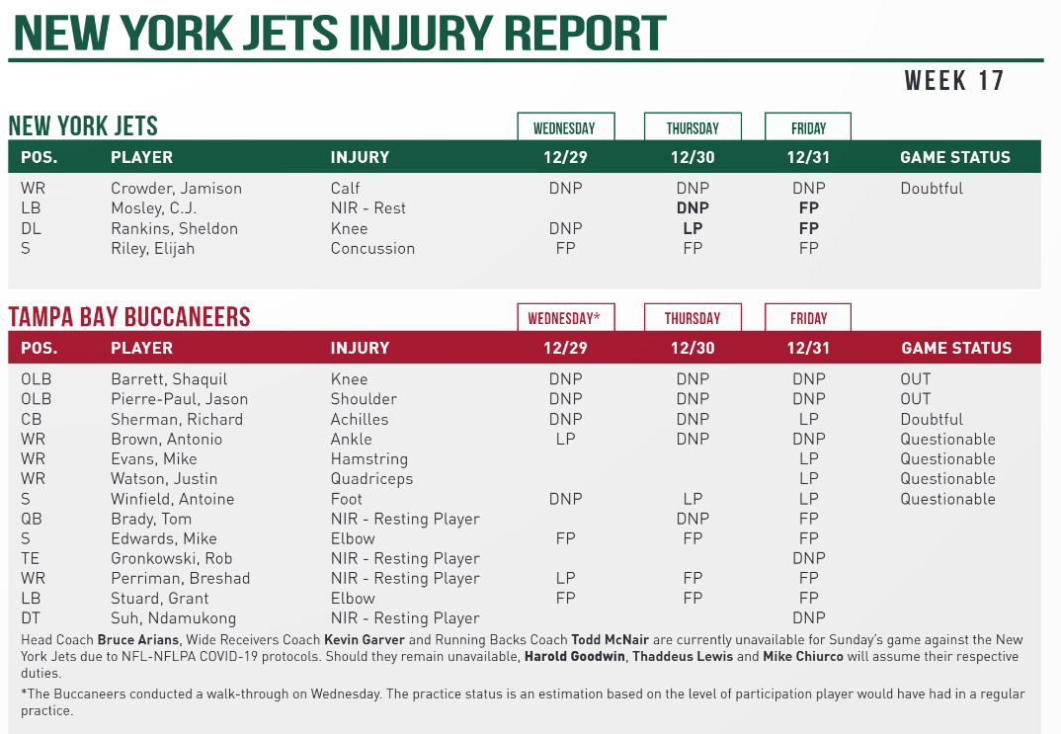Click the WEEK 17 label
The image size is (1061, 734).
(x=953, y=81)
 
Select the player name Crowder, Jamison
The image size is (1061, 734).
(x=176, y=189)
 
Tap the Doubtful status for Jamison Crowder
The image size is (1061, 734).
(x=931, y=189)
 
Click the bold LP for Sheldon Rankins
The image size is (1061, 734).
(x=693, y=228)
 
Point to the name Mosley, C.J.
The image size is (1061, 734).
(x=153, y=208)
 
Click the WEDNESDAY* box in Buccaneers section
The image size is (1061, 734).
(x=566, y=318)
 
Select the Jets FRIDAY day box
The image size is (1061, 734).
(x=808, y=127)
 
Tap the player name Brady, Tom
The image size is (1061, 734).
(x=151, y=519)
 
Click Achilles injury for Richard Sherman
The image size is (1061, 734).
(x=360, y=419)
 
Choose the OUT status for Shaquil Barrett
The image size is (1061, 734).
(x=915, y=379)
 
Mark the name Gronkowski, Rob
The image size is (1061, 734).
(x=171, y=558)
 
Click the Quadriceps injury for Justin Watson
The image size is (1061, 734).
(x=371, y=479)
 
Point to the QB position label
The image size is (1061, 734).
(x=33, y=519)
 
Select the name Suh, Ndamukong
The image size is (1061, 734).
(x=173, y=618)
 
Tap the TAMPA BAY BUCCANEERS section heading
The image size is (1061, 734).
(x=129, y=317)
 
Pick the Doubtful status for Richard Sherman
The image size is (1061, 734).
(x=931, y=419)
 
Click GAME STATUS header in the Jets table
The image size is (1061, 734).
(x=954, y=157)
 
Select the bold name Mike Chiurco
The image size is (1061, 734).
(x=771, y=657)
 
